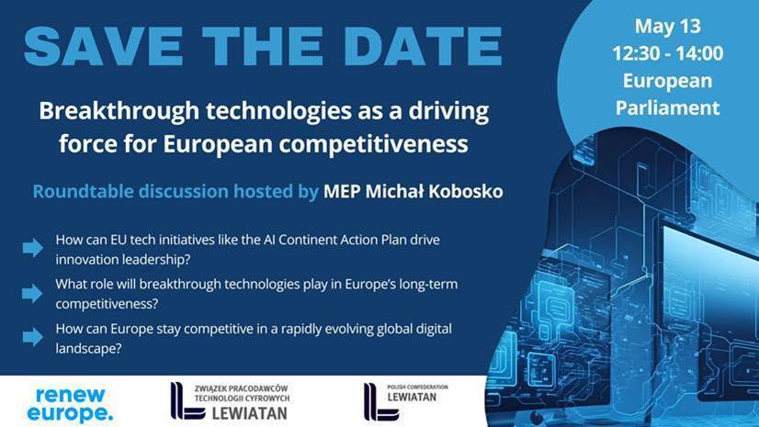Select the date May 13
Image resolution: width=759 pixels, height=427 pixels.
667,27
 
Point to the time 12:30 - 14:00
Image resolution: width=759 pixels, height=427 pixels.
667,53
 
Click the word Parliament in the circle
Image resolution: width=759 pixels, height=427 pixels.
667,107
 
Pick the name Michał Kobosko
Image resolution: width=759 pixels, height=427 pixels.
435,192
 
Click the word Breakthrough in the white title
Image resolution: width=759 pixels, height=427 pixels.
119,111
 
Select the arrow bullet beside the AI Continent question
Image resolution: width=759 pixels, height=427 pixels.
32,248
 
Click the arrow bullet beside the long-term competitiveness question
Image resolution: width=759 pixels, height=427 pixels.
32,293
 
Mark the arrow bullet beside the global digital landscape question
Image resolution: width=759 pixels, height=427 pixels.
32,337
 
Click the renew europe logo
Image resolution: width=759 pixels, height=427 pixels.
70,405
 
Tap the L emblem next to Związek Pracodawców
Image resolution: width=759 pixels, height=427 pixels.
187,401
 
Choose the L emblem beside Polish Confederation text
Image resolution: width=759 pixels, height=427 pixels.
381,402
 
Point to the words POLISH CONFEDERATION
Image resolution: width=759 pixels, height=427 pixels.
417,387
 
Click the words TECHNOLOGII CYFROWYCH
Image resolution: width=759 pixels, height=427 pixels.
242,399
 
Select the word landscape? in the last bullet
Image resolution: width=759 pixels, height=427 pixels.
88,349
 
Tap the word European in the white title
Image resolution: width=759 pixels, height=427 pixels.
218,144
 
